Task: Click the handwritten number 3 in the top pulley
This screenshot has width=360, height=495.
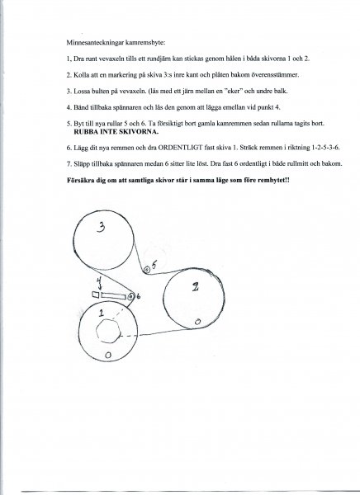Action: [101, 227]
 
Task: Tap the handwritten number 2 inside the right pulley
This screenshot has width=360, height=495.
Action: [196, 286]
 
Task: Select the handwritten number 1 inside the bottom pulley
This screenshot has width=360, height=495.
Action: [101, 313]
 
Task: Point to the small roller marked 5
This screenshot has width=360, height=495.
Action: [146, 270]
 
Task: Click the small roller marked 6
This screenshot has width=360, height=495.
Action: [130, 296]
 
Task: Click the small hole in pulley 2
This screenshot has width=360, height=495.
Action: [197, 322]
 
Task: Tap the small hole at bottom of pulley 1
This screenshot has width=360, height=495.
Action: [108, 355]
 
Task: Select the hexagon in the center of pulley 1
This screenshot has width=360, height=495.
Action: [108, 331]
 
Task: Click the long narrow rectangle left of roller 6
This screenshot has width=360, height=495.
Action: [113, 296]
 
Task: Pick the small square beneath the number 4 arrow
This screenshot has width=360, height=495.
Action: [96, 295]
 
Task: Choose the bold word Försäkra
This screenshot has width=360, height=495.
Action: [78, 180]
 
